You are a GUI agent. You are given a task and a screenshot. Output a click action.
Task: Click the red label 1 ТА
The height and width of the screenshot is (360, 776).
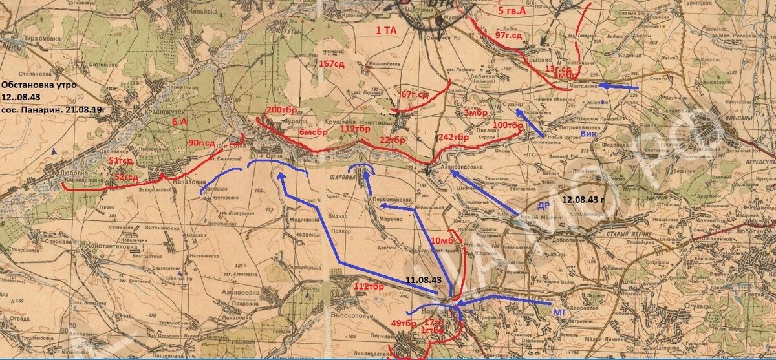[387, 30]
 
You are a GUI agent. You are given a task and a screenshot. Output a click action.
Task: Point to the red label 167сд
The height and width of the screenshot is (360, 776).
[331, 63]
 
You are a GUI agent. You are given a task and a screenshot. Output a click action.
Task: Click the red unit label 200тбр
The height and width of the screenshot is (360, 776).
[281, 110]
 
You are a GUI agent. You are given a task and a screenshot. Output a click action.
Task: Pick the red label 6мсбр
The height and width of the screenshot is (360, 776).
[313, 132]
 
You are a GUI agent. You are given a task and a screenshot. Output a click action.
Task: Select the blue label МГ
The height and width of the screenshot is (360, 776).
[560, 313]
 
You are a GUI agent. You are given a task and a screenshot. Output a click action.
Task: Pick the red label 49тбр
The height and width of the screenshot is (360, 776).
[404, 323]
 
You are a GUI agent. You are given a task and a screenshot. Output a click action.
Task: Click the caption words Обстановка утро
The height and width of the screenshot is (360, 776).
[39, 85]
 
